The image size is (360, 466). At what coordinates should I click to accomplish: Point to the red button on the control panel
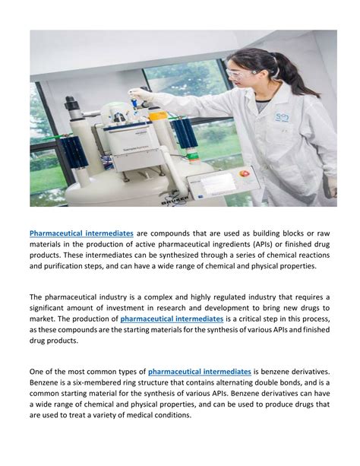tap(245, 173)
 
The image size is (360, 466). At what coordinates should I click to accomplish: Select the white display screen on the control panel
tap(216, 183)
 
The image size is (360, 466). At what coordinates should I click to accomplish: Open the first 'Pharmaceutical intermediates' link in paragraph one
tap(82, 232)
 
